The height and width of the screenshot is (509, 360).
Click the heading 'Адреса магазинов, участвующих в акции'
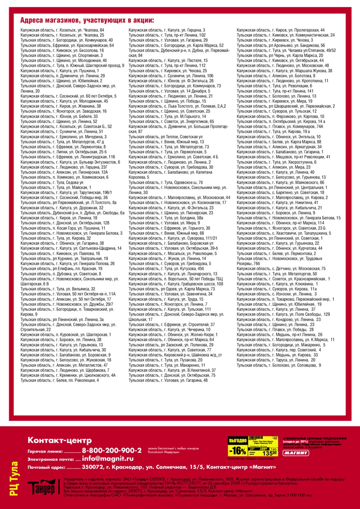(x=87, y=20)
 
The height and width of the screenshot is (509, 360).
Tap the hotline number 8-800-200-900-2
(x=112, y=450)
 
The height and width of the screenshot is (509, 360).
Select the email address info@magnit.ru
(x=108, y=459)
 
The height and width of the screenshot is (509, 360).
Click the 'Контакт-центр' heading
(x=60, y=440)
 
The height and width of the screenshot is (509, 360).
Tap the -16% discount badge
(x=238, y=451)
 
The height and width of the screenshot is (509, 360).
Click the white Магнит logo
(x=296, y=453)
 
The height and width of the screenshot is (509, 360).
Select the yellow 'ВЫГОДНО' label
(x=238, y=441)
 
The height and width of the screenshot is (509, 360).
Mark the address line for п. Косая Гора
(x=63, y=228)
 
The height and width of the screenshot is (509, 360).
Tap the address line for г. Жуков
(x=167, y=258)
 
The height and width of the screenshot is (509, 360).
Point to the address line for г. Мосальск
(x=173, y=253)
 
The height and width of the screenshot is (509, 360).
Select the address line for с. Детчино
(x=281, y=269)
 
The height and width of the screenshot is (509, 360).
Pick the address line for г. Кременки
(x=68, y=375)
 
